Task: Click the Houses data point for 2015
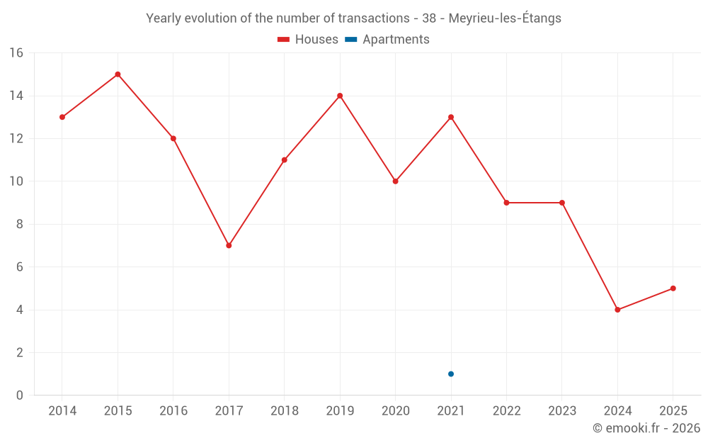tap(118, 74)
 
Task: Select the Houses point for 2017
tap(229, 245)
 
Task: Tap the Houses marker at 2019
tap(340, 96)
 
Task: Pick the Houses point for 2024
tap(617, 310)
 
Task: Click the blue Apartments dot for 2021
tap(451, 374)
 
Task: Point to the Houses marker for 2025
tap(673, 288)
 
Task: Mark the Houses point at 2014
tap(62, 117)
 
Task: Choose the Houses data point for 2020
tap(395, 181)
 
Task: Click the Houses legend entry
tap(308, 40)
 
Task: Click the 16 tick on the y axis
tap(16, 53)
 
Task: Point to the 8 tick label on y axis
tap(20, 225)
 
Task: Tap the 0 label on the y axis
tap(20, 396)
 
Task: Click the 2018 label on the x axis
tap(285, 411)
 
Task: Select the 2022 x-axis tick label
tap(506, 411)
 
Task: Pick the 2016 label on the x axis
tap(173, 411)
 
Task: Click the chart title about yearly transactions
tap(353, 18)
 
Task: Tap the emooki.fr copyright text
tap(646, 428)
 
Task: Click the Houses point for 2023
tap(561, 203)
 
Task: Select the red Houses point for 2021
tap(451, 117)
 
